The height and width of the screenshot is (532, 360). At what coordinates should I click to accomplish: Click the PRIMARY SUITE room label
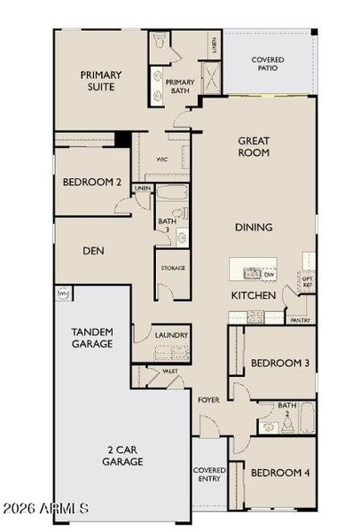101,81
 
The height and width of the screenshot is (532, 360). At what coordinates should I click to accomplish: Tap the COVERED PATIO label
267,63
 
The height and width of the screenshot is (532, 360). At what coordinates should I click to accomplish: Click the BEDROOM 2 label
92,182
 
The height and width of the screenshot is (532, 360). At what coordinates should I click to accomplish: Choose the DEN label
94,251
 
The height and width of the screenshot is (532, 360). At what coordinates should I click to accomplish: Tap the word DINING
254,227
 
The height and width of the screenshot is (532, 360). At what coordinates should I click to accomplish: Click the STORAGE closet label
172,267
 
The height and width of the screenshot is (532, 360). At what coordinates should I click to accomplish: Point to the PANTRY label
300,320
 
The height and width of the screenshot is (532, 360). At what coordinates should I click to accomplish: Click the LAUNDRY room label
171,335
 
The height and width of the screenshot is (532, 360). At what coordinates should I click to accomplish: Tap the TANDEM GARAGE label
92,337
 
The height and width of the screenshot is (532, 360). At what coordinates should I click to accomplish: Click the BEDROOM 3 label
279,363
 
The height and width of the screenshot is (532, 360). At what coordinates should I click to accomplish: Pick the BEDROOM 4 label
279,473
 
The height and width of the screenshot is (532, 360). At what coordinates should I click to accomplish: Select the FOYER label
209,399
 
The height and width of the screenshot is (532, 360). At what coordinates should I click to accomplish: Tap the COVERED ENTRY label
210,474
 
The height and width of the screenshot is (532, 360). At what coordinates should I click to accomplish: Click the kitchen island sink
252,273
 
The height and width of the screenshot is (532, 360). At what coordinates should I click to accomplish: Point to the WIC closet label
162,160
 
